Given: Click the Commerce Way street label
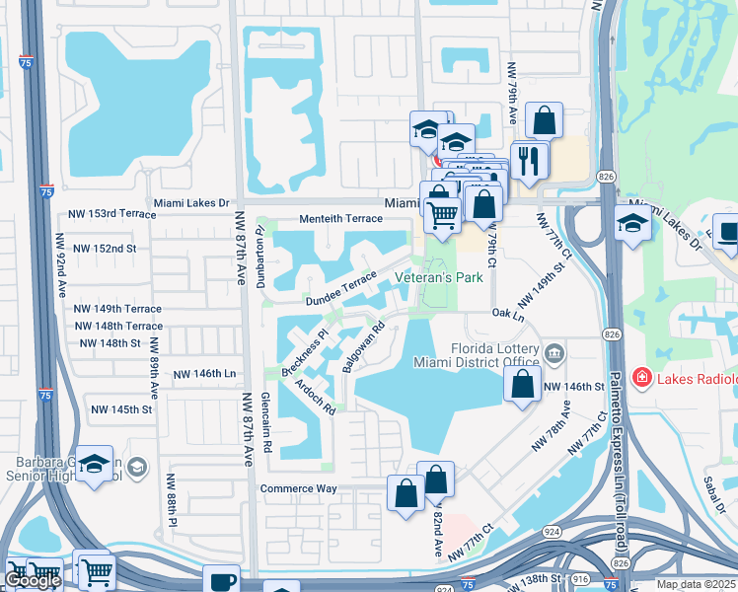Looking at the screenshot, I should click(299, 488).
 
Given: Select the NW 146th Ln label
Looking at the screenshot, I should click(205, 375).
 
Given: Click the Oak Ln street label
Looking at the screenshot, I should click(509, 313).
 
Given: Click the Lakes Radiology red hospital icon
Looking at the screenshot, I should click(641, 377).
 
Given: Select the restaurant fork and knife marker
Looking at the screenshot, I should click(531, 160).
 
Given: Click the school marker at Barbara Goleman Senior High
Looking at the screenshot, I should click(94, 464).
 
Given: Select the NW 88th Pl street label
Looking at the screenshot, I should click(171, 498).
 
